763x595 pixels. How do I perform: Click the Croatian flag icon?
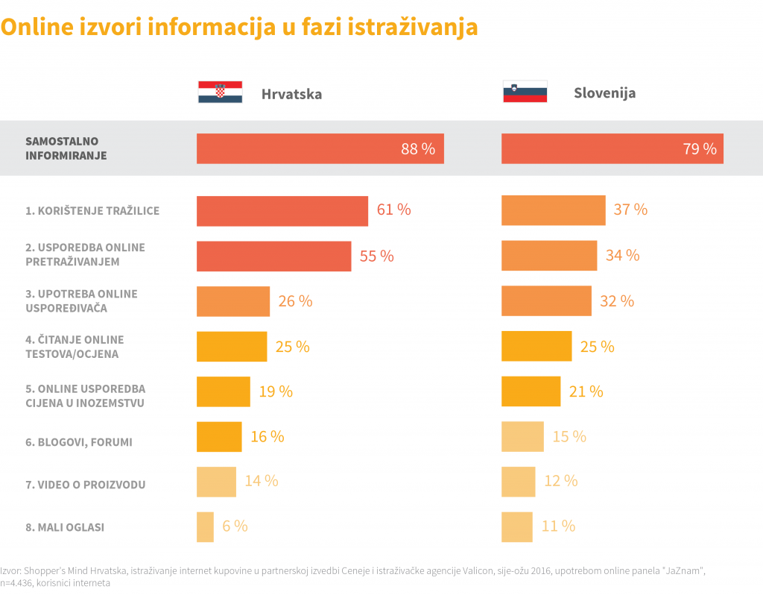click(x=220, y=92)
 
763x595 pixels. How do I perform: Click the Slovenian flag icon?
click(x=525, y=91)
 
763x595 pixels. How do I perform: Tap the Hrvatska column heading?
click(x=291, y=95)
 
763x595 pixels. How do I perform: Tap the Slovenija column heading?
click(x=604, y=94)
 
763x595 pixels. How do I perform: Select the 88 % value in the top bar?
click(x=417, y=149)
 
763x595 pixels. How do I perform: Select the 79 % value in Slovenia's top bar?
click(x=699, y=149)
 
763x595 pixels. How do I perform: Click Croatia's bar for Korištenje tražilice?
click(x=282, y=211)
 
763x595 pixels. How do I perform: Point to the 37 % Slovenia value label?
click(x=630, y=210)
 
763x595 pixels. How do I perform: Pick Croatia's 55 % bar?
click(x=273, y=256)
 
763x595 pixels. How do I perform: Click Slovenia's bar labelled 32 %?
click(x=546, y=301)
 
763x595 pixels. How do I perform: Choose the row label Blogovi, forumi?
click(x=79, y=442)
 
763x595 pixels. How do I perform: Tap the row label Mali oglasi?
click(x=65, y=527)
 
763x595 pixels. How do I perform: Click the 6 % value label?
click(x=235, y=526)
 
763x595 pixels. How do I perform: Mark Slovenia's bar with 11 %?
click(x=517, y=526)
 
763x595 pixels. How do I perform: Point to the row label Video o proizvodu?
click(x=86, y=485)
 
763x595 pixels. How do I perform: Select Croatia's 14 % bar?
click(x=216, y=482)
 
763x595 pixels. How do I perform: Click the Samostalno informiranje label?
click(x=66, y=148)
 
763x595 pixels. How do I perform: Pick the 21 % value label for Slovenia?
click(x=586, y=391)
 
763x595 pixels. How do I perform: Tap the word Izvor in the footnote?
click(x=10, y=570)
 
